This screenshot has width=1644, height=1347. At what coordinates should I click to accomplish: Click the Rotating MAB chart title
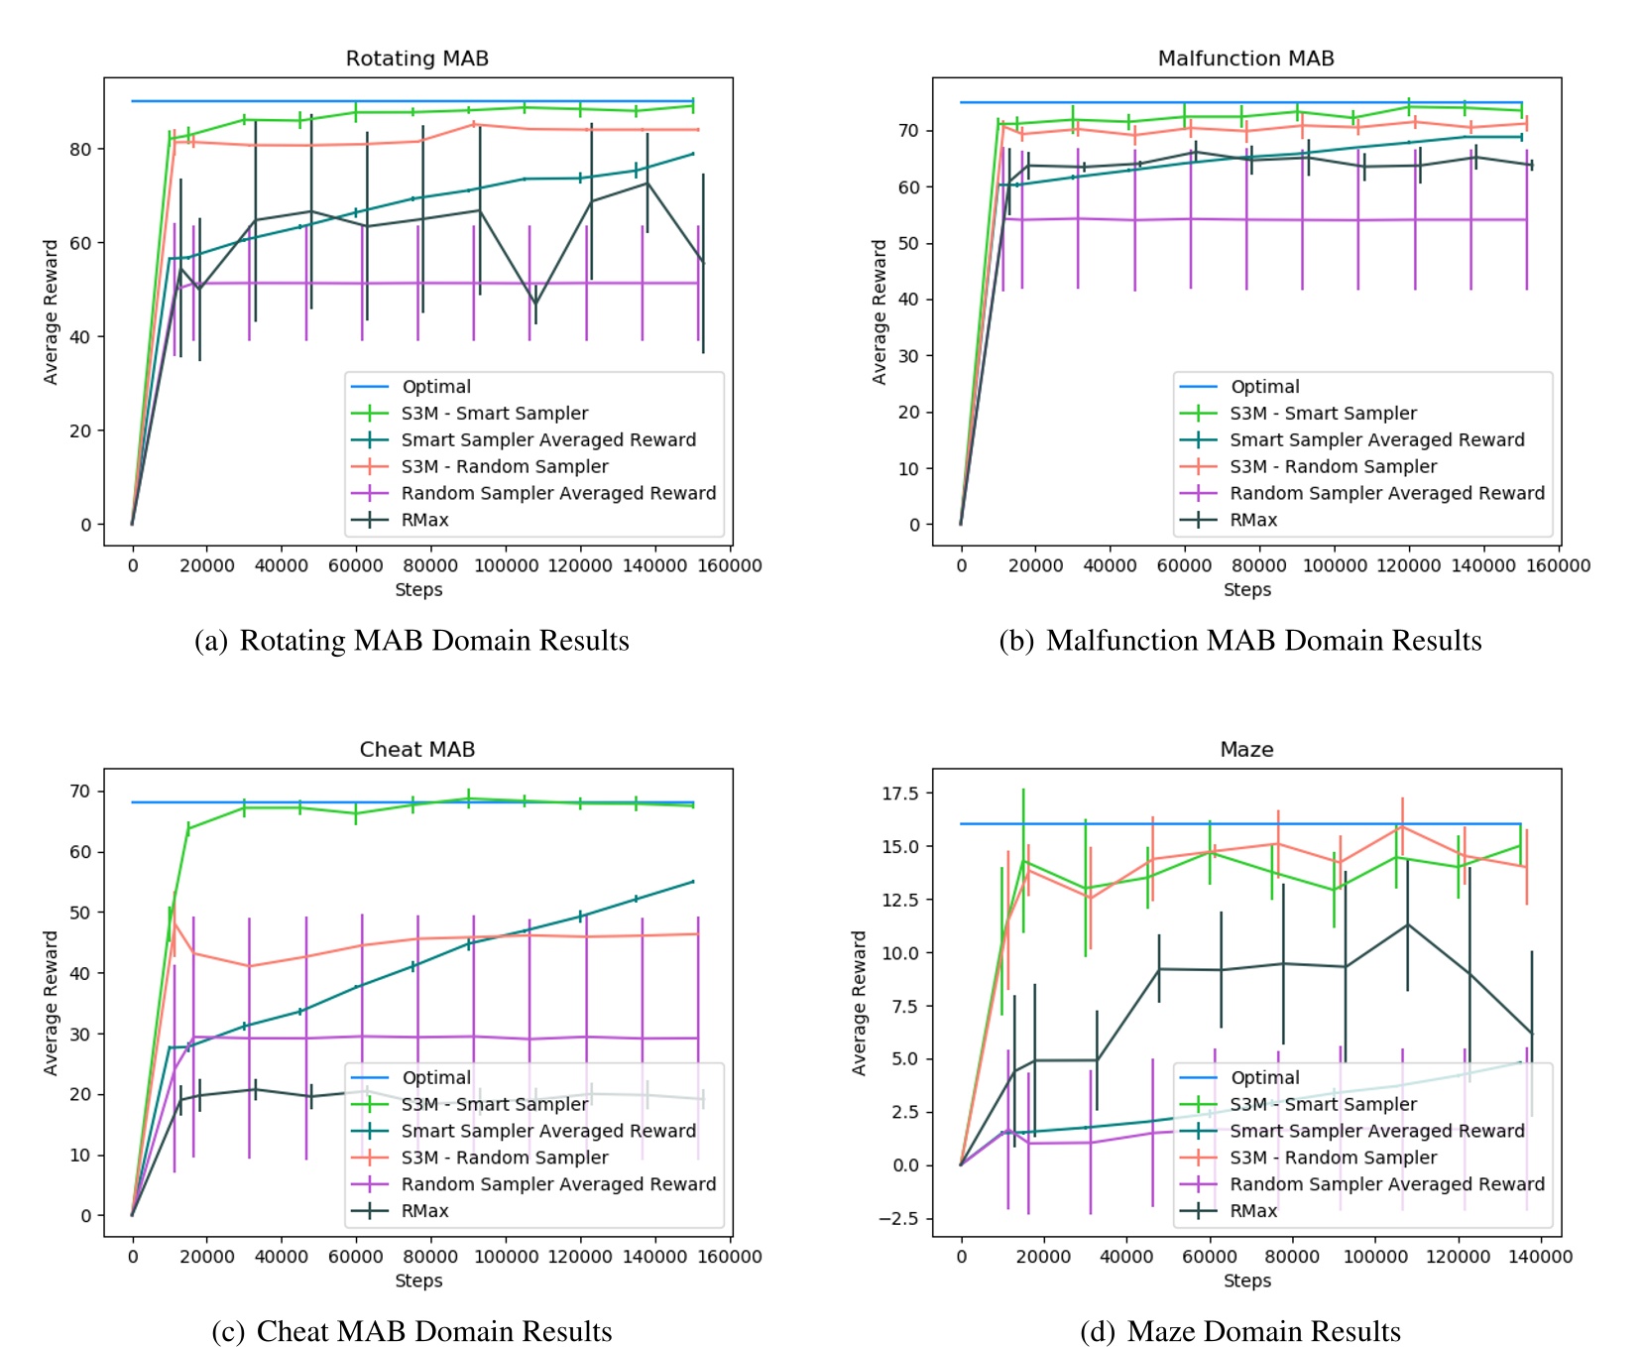point(416,59)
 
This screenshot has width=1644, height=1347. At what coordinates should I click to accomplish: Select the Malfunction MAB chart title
point(1245,59)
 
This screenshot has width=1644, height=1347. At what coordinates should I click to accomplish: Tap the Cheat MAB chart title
point(416,750)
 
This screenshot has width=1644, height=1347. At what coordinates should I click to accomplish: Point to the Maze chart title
point(1246,750)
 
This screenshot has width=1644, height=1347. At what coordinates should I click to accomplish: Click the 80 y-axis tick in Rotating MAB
point(80,150)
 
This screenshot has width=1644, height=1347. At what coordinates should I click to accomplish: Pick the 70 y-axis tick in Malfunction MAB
point(908,131)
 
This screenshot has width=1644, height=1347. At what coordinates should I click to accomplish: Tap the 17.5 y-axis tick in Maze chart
point(900,794)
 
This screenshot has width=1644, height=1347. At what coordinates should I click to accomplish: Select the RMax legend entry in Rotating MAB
point(424,520)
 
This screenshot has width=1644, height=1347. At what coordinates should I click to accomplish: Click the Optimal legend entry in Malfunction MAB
point(1264,387)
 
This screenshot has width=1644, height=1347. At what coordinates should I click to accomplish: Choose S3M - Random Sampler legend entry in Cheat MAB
point(504,1158)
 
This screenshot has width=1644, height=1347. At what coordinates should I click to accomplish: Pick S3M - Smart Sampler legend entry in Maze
point(1323,1104)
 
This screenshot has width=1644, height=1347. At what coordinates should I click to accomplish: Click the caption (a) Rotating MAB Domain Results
point(412,641)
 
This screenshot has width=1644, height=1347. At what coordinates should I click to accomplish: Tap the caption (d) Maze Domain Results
point(1240,1331)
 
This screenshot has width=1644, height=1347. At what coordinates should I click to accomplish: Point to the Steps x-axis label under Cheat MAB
point(418,1281)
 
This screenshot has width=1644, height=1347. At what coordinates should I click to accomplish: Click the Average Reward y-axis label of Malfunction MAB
point(879,311)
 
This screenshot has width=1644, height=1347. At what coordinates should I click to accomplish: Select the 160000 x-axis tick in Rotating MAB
point(730,565)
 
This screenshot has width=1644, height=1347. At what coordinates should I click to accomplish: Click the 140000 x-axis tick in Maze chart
point(1540,1257)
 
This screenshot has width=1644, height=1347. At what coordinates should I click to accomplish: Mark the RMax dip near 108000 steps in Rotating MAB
point(535,303)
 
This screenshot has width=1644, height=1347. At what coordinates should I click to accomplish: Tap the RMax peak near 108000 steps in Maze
point(1407,925)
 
